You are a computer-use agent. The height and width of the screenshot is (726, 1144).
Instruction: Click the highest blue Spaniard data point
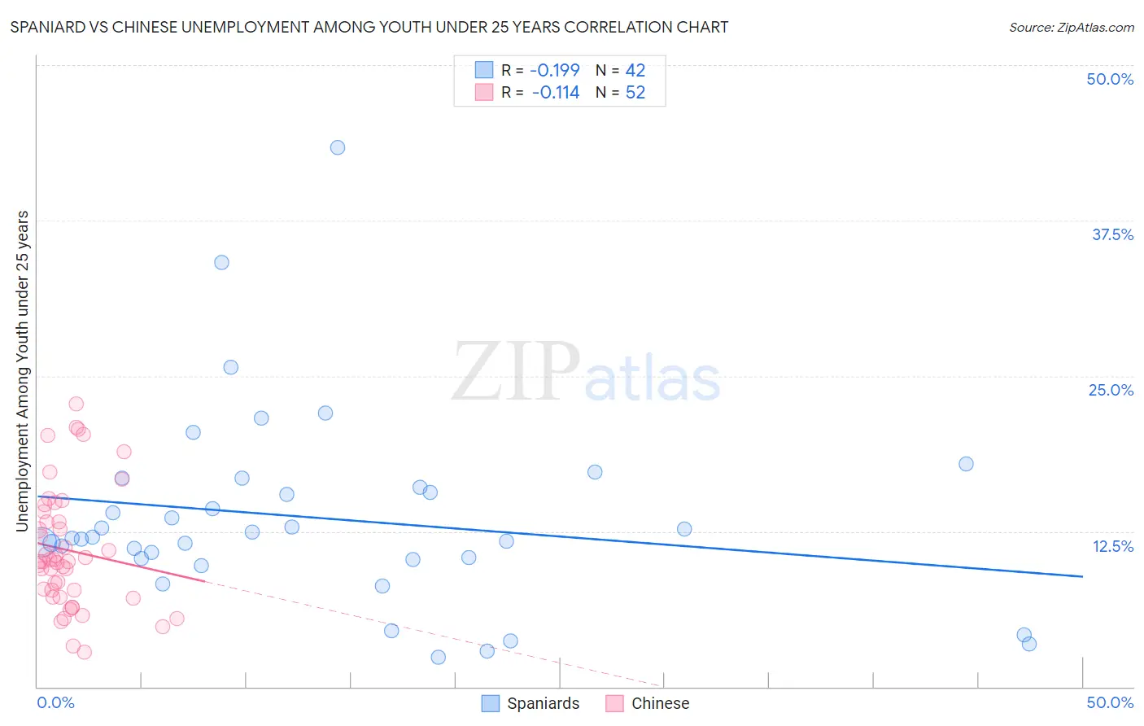point(338,147)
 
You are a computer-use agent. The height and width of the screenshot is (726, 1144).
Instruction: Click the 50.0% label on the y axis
point(1110,79)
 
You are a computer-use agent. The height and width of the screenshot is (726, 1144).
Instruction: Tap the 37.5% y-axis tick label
point(1112,234)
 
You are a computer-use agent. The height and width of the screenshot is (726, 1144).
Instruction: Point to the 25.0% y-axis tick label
point(1111,390)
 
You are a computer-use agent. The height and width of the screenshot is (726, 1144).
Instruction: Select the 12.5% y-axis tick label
point(1112,546)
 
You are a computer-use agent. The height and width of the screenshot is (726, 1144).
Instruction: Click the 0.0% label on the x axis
point(55,702)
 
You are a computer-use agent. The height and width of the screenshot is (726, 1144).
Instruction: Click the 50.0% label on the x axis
point(1110,702)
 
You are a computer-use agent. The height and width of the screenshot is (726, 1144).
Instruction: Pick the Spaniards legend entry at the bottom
point(531,703)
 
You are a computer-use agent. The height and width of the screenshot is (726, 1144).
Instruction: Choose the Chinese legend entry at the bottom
point(648,703)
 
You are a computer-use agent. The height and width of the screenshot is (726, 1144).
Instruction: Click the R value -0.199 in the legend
point(554,70)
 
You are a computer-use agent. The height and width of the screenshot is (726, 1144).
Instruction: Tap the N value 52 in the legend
point(635,93)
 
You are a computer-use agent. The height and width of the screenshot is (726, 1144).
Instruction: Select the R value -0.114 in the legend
point(555,93)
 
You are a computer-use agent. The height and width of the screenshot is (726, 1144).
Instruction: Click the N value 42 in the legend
point(635,70)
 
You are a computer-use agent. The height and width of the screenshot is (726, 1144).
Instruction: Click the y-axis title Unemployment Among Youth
point(22,371)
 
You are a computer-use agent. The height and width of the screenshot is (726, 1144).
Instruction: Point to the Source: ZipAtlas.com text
point(1071,27)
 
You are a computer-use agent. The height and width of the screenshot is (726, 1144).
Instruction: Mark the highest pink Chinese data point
point(76,404)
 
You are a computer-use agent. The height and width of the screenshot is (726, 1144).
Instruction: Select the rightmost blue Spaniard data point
point(1029,644)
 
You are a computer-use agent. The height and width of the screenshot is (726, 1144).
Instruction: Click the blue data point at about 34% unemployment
point(221,262)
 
